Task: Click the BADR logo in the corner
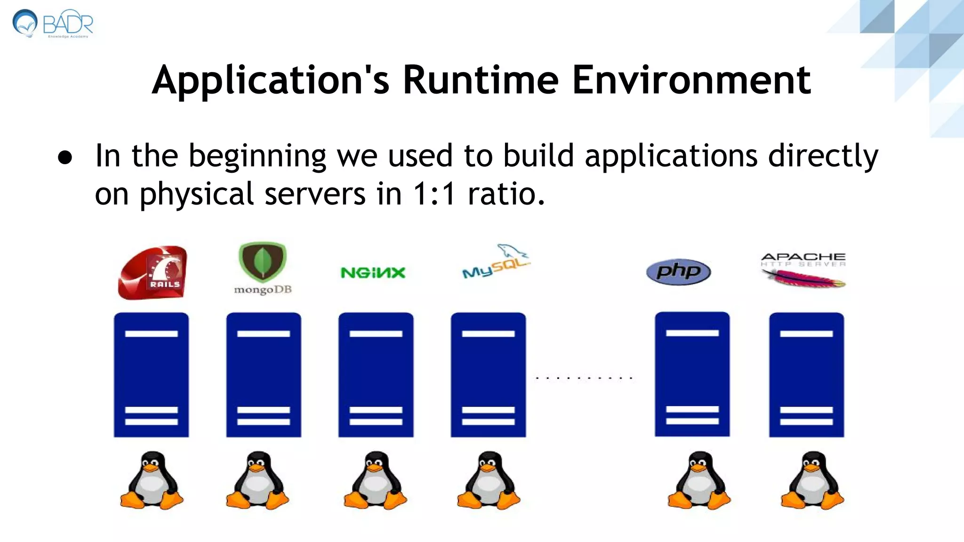[53, 24]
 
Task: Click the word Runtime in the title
[481, 80]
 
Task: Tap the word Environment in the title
[691, 80]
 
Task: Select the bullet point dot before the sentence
[65, 158]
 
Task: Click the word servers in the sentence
[314, 194]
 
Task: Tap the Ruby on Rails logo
[153, 272]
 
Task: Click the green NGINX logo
[373, 273]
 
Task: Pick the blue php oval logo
[678, 271]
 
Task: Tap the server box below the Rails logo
[151, 375]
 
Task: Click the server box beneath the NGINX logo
[376, 375]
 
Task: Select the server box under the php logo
[692, 374]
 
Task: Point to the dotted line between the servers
[584, 378]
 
